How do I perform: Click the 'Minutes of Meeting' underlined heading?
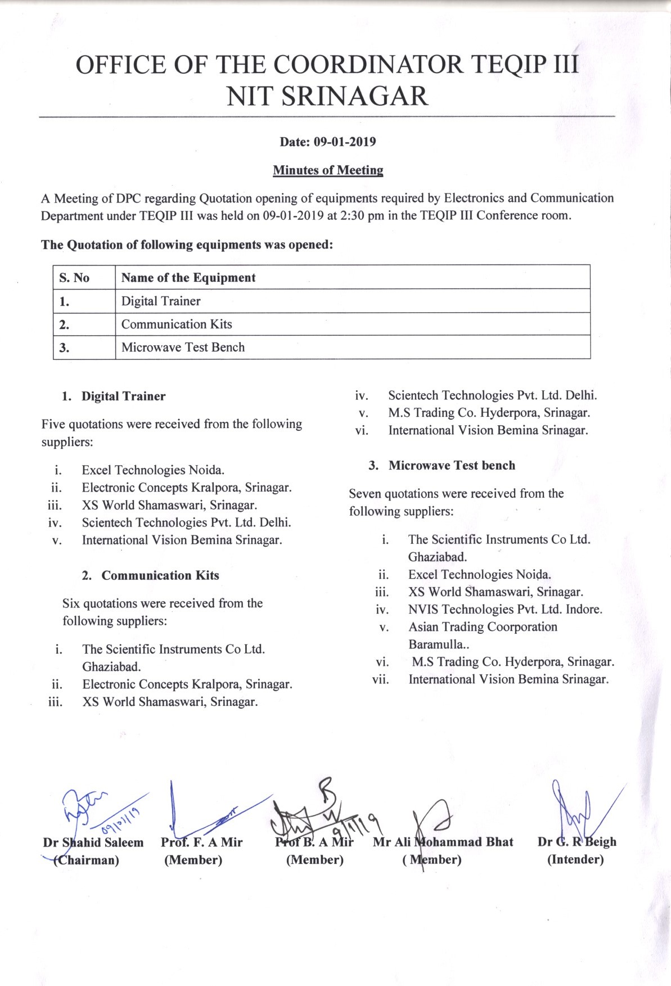tap(328, 170)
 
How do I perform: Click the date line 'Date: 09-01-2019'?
tap(328, 142)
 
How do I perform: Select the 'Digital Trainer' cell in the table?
tap(161, 301)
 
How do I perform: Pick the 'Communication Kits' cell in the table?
tap(177, 324)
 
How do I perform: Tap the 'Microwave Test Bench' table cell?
tap(183, 347)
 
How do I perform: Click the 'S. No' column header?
tap(74, 277)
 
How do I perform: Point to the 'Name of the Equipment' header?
tap(188, 277)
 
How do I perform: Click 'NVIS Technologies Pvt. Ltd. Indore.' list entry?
tap(505, 609)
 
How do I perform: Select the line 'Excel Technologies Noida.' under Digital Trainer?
tap(153, 470)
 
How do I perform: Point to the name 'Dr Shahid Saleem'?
tap(93, 842)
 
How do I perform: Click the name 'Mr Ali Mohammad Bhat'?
tap(443, 841)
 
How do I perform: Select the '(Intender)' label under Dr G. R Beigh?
tap(575, 859)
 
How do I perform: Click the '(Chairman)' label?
tap(86, 859)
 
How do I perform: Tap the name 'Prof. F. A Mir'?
tap(201, 842)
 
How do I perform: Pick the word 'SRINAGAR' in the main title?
tap(354, 96)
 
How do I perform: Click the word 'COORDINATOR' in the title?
tap(368, 65)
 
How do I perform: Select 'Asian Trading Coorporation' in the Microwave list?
tap(483, 627)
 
